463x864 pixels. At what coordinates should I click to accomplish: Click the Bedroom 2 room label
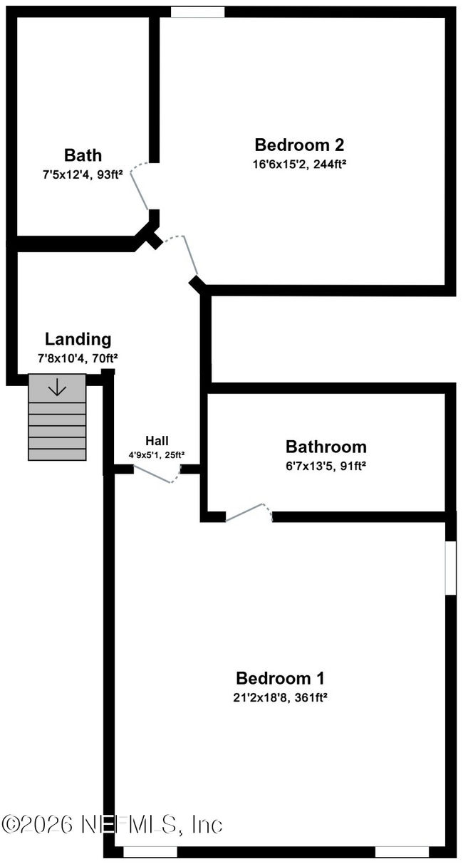(x=299, y=145)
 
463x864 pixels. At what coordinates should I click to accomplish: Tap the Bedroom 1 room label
(x=280, y=678)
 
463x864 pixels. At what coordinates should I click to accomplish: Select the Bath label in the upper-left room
(x=83, y=155)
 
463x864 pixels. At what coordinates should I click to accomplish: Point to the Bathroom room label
(x=326, y=447)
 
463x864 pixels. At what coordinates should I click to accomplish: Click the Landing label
(x=78, y=339)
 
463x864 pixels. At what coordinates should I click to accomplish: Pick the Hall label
(x=157, y=440)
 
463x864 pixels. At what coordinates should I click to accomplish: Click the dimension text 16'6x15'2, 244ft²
(x=299, y=165)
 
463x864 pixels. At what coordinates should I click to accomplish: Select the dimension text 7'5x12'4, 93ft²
(x=83, y=175)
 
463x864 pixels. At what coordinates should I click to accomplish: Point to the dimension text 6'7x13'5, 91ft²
(x=326, y=467)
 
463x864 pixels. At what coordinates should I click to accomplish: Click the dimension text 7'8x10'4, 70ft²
(x=78, y=359)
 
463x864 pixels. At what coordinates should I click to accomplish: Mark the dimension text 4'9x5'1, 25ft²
(x=157, y=455)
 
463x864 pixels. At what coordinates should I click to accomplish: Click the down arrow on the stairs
(x=57, y=387)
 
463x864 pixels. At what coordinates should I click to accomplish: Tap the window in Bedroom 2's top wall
(x=197, y=12)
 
